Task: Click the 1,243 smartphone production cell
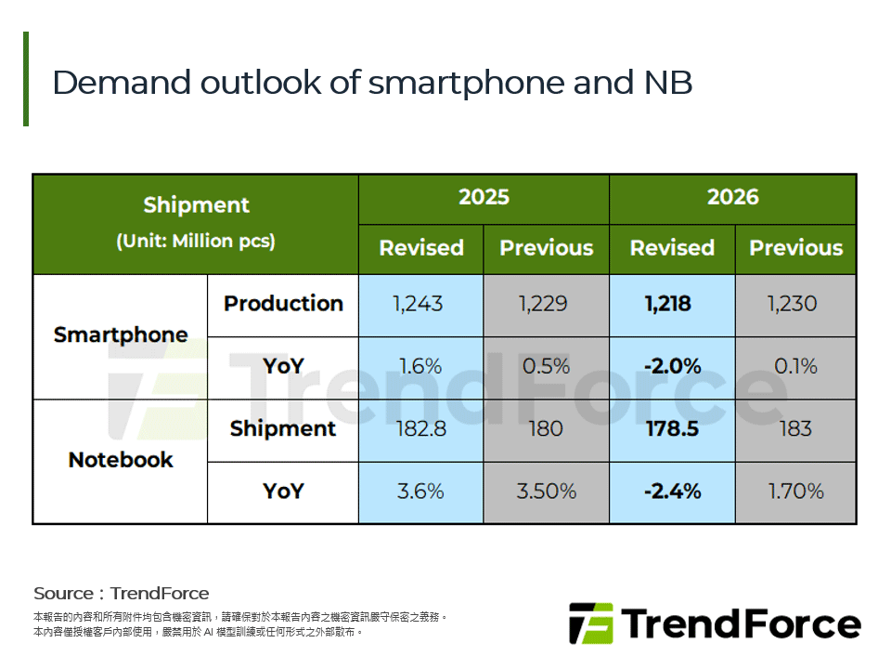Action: pos(420,304)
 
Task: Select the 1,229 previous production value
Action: pos(546,304)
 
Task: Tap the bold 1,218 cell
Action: pos(672,304)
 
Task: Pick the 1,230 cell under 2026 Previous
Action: pos(795,304)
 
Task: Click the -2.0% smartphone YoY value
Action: pos(672,366)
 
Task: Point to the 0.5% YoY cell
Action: pos(546,366)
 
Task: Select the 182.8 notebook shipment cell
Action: pos(420,428)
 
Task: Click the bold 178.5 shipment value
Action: pos(672,428)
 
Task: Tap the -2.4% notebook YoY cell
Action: pos(672,491)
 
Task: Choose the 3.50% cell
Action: pos(546,491)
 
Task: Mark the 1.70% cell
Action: pos(795,491)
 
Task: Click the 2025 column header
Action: pos(484,197)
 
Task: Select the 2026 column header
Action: pos(732,197)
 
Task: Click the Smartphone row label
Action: pos(121,334)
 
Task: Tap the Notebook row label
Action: pos(121,460)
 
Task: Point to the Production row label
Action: pos(283,304)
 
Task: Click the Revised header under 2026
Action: pos(672,248)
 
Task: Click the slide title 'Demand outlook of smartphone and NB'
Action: pos(372,83)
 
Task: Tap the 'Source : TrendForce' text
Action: pos(122,593)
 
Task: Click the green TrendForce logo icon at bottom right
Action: pos(591,623)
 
